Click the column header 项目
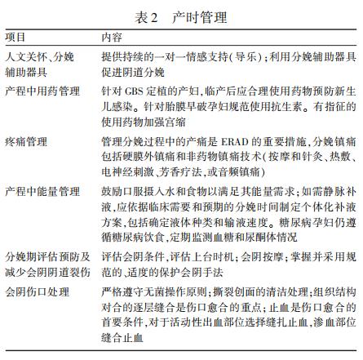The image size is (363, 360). point(17,38)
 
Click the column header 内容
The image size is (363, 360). point(113,38)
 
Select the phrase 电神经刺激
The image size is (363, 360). point(126,172)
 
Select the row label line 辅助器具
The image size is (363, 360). point(23,70)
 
